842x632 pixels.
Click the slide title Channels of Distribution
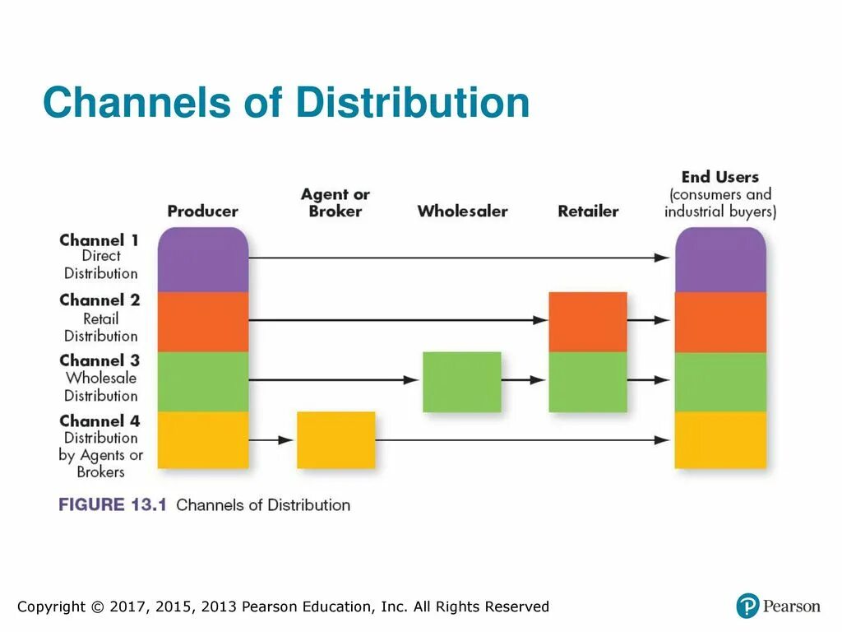click(x=286, y=104)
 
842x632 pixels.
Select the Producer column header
click(x=202, y=211)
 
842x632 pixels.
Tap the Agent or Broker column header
click(x=335, y=202)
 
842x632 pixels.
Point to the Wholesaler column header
click(x=462, y=211)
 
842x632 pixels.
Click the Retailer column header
click(x=588, y=211)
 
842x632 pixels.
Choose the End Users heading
click(x=719, y=177)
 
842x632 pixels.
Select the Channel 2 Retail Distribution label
click(x=100, y=317)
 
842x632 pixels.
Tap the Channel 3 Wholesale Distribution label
click(x=100, y=378)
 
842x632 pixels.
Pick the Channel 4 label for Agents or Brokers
click(x=100, y=446)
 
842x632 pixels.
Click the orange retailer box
click(x=587, y=322)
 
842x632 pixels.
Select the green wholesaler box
click(x=461, y=382)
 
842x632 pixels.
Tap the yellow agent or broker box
click(x=335, y=440)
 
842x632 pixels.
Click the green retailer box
click(x=587, y=382)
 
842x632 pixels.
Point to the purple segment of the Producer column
click(x=202, y=260)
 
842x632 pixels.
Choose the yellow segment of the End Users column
click(x=720, y=440)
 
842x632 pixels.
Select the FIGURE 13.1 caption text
click(x=205, y=504)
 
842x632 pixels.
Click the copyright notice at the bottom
click(x=283, y=607)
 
